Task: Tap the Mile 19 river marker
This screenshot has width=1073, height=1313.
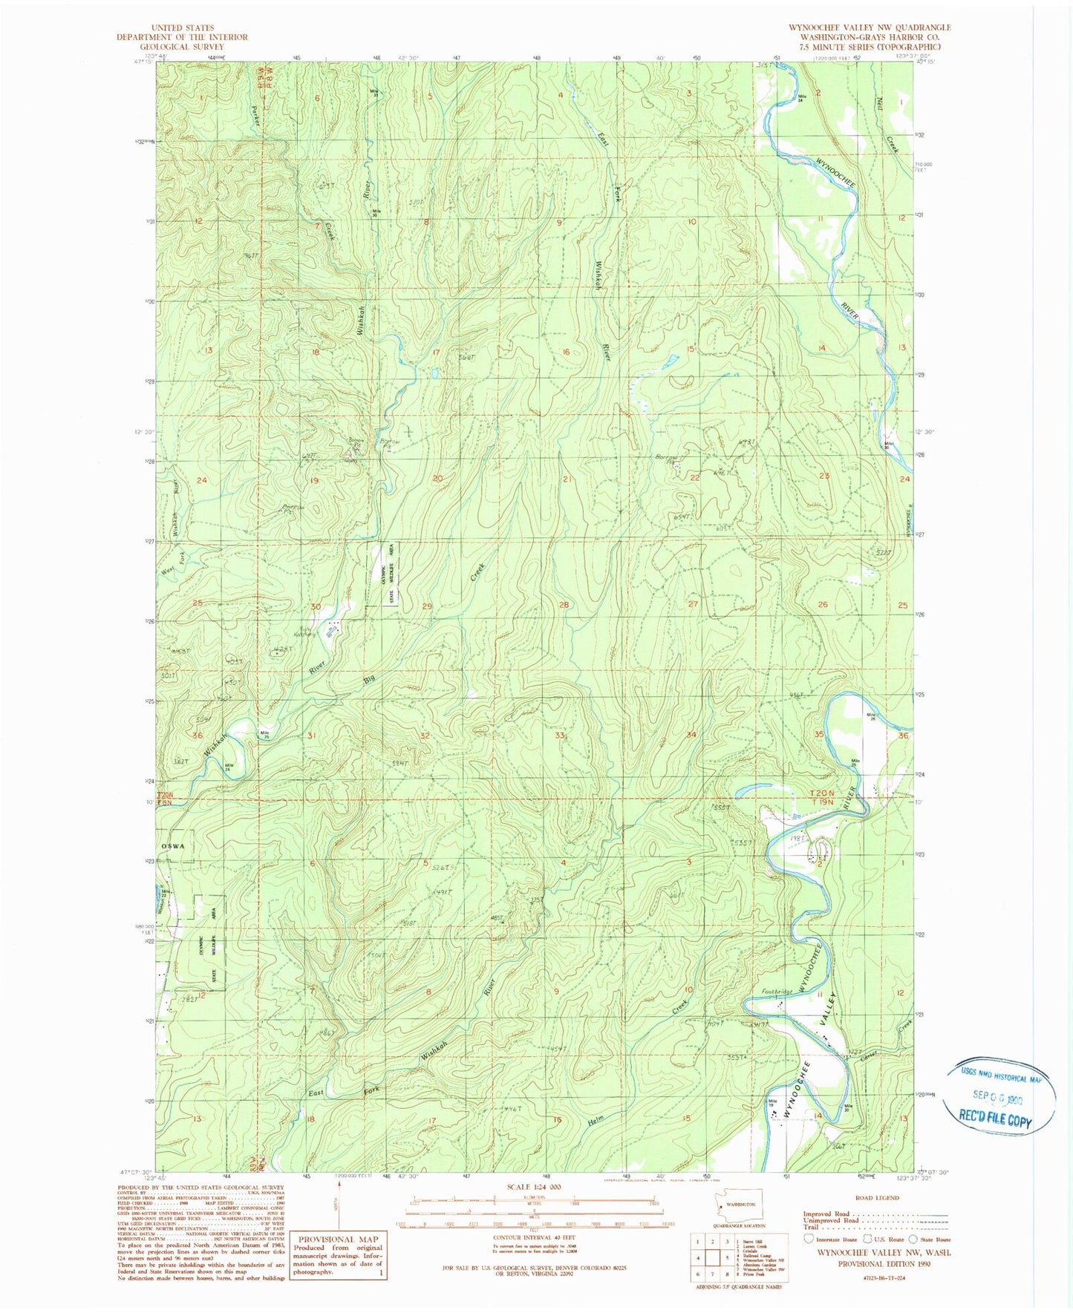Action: tap(772, 1102)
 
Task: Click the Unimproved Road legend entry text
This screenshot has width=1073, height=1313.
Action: tap(830, 1220)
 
